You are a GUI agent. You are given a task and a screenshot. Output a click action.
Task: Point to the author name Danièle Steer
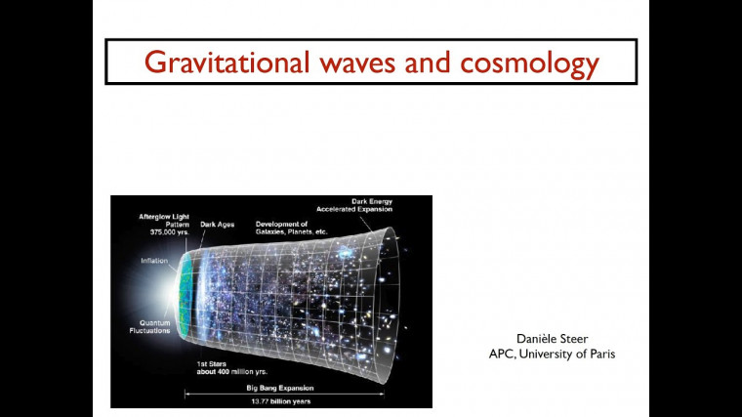[553, 339]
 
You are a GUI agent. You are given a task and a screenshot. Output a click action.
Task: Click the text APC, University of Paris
[553, 354]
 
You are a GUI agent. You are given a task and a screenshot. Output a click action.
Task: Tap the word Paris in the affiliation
[600, 354]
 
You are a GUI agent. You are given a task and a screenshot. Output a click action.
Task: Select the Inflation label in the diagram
[154, 261]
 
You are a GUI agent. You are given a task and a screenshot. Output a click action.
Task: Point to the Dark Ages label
[217, 225]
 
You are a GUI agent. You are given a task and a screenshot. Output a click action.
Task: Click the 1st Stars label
[211, 363]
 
